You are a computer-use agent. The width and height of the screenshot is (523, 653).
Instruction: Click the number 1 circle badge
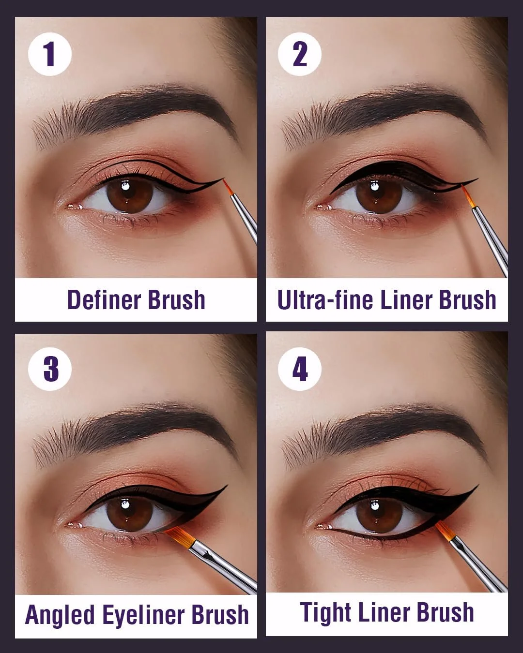(50, 54)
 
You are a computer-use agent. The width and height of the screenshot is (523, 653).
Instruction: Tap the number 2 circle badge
(300, 54)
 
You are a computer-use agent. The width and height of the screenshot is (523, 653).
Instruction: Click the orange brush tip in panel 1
(228, 187)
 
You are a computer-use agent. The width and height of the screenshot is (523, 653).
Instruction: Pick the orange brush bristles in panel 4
(445, 530)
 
